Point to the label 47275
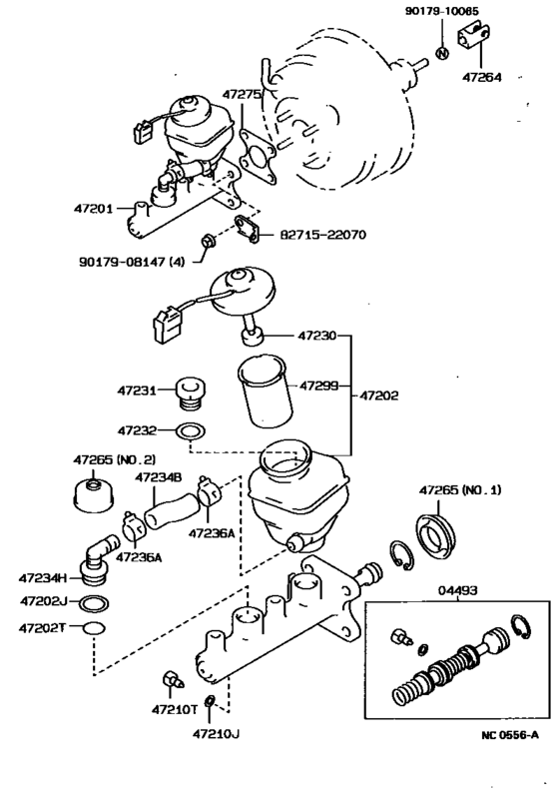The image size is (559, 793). point(243,95)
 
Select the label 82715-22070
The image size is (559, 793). point(325,236)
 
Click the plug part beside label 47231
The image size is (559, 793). point(188,395)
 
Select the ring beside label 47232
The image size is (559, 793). point(189,430)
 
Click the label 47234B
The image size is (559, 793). point(159,476)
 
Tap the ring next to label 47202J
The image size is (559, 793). point(93,603)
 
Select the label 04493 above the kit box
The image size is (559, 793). point(457,591)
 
